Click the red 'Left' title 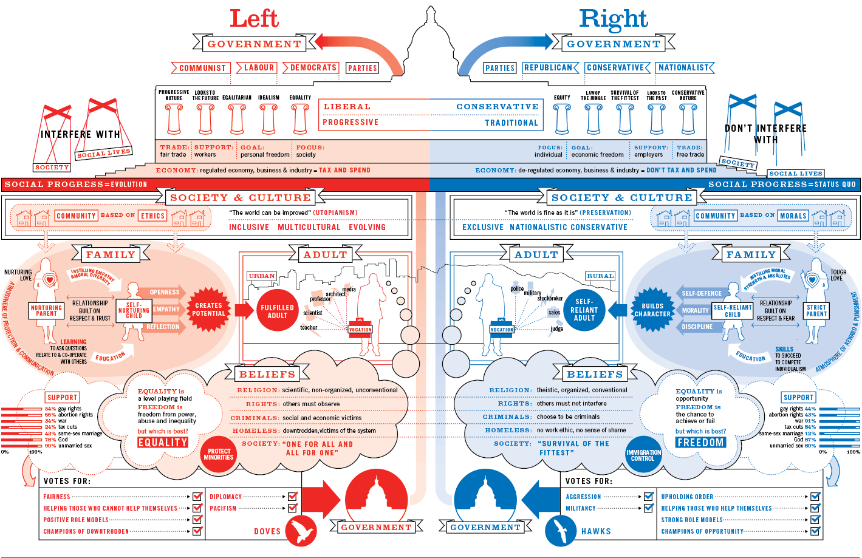(254, 18)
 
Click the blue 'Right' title (614, 19)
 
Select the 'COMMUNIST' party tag (202, 68)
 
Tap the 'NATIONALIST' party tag (683, 67)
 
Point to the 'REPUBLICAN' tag (549, 67)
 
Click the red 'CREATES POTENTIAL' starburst (208, 310)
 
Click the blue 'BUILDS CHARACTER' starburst (652, 310)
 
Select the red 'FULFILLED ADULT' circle (277, 311)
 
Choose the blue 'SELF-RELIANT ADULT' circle (584, 310)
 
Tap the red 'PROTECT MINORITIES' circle (219, 454)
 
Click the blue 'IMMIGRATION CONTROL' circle (643, 455)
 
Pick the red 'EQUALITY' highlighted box (163, 443)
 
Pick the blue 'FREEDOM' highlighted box (700, 443)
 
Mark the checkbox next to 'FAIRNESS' (197, 497)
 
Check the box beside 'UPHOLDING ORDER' (815, 497)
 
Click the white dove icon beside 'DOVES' (301, 531)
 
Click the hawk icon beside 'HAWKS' (561, 531)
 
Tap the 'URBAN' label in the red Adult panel (262, 276)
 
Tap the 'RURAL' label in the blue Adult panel (600, 276)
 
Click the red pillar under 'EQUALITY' (300, 118)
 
